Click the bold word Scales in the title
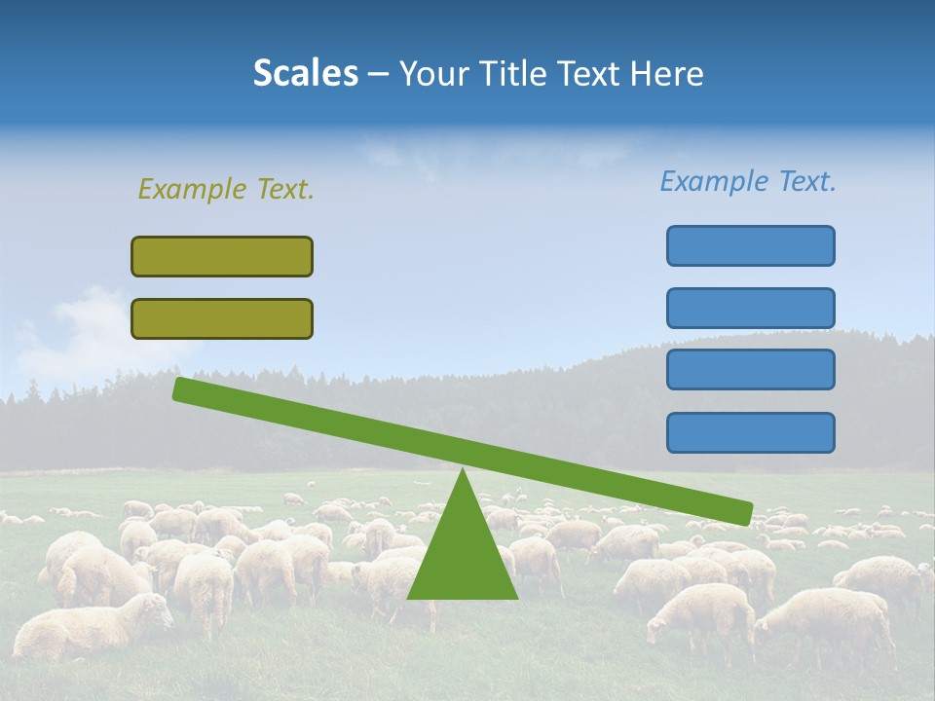coord(306,73)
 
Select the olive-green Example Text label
coord(226,189)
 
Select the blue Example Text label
coord(748,181)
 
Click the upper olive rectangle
coord(222,256)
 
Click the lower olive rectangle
coord(222,318)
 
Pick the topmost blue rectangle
coord(750,245)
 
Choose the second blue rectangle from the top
coord(750,308)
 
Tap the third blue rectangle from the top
coord(750,369)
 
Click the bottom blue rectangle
coord(750,432)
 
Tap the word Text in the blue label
coord(804,181)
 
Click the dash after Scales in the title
coord(379,74)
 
